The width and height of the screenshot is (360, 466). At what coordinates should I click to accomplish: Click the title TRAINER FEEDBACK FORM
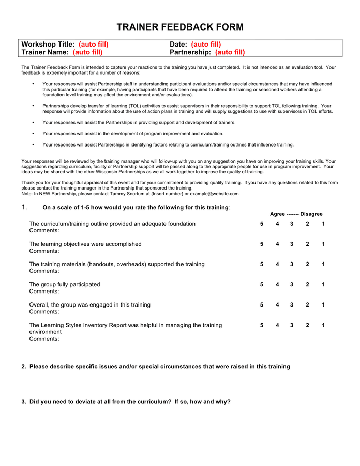179,27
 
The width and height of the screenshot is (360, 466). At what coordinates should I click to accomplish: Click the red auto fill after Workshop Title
94,45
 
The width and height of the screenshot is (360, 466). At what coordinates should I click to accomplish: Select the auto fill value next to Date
206,45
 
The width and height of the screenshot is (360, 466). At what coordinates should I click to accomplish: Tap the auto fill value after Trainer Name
87,52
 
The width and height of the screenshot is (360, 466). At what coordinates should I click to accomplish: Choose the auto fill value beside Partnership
230,52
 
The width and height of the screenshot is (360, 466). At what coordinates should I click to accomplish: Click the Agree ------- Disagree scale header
296,214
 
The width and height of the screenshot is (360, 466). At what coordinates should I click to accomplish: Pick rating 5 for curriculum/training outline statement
262,224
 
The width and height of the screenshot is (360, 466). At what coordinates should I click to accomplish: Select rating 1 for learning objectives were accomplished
323,244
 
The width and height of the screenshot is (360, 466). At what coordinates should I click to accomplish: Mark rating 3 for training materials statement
292,264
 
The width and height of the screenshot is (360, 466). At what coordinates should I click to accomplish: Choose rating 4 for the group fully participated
277,284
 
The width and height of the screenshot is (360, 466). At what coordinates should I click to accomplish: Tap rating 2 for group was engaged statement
307,305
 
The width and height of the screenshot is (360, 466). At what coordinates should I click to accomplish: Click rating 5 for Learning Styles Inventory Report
262,325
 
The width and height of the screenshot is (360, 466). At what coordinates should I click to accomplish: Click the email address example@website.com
214,194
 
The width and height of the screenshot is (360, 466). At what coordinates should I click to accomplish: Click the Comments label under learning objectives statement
44,251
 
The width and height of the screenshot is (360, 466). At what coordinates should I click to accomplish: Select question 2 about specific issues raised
156,367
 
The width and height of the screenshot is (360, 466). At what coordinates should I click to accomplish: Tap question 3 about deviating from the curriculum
126,402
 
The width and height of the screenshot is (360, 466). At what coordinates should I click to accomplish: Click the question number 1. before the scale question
24,207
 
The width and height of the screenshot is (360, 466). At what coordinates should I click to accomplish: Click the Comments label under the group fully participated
44,292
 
